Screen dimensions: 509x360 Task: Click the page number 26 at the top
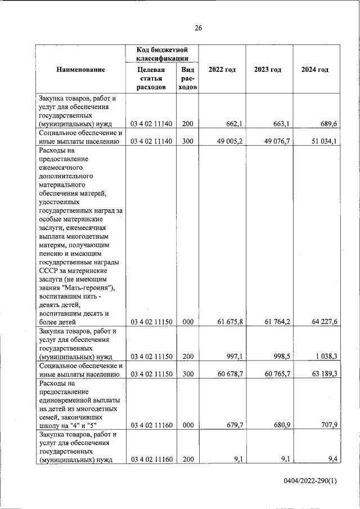(x=198, y=28)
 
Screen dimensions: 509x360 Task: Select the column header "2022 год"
(x=222, y=69)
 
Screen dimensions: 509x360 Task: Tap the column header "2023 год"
(x=267, y=69)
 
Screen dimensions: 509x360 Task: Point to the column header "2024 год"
(x=314, y=69)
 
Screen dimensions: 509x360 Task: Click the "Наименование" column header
(x=80, y=69)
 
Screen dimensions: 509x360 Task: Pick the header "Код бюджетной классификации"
(x=161, y=55)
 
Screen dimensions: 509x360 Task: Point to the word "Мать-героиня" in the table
(x=93, y=288)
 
